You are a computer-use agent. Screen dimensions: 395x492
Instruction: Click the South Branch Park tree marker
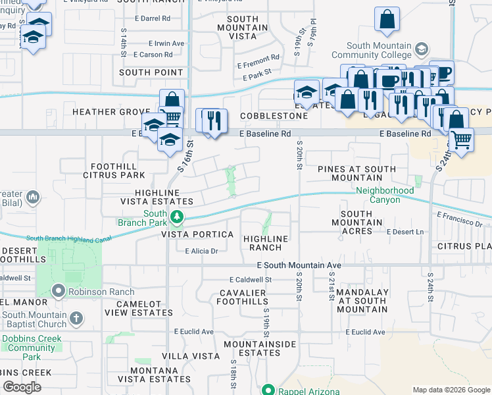176,217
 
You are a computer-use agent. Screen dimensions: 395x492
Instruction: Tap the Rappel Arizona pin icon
267,390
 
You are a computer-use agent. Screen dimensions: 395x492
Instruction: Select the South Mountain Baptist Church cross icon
76,319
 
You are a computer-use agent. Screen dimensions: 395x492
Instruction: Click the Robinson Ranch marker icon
59,290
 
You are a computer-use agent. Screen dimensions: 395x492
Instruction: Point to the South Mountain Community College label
380,50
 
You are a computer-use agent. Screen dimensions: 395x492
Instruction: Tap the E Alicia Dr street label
201,251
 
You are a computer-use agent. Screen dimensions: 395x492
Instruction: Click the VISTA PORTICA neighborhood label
203,234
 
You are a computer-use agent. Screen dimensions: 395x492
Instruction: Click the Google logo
22,387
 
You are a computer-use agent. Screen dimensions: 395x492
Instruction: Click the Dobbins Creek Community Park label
32,348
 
